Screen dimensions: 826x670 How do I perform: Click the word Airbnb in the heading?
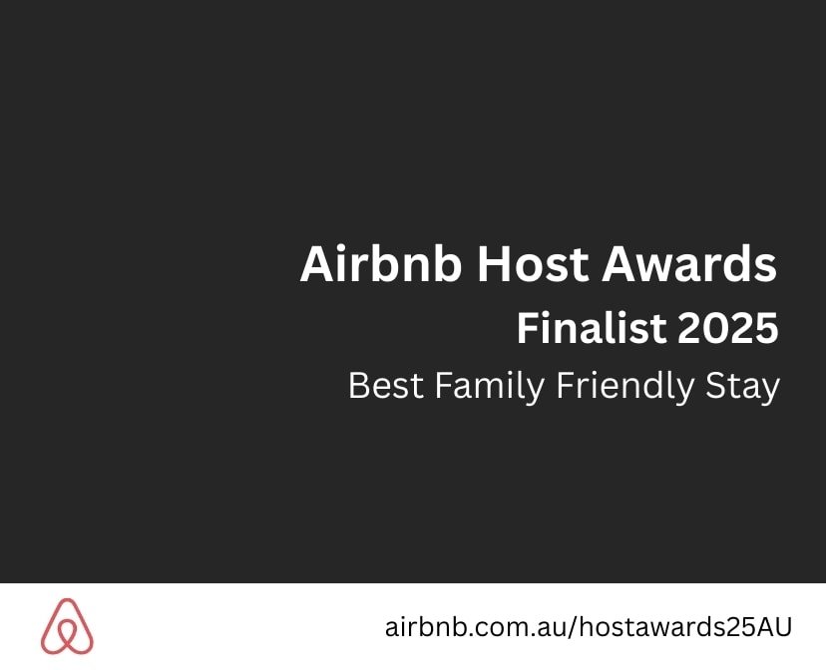coord(381,263)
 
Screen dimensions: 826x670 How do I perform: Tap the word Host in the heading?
coord(532,263)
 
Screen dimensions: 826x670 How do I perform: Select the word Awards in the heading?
coord(689,263)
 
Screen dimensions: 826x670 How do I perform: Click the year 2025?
coord(727,328)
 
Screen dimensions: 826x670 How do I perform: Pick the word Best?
coord(386,386)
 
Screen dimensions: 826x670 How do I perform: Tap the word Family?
coord(490,388)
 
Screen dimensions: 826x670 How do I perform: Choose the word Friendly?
coord(624,388)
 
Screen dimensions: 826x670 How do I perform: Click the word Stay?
coord(742,388)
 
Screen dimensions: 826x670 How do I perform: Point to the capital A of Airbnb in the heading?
coord(317,264)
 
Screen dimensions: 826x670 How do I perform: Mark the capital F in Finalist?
coord(529,328)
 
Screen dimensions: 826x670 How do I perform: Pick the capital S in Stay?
coord(716,386)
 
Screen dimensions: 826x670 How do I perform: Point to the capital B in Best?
coord(359,386)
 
